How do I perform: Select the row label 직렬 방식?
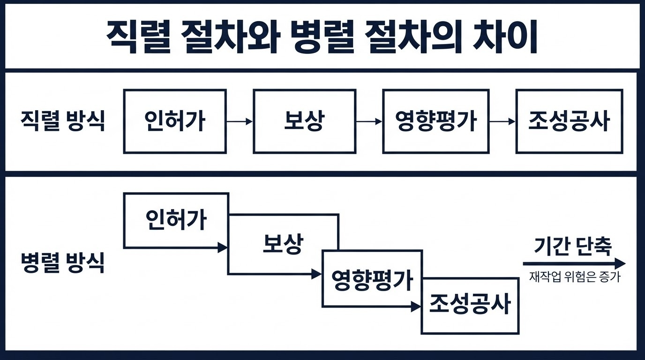click(x=62, y=121)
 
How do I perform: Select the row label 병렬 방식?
click(x=62, y=262)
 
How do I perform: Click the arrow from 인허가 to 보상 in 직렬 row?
click(x=240, y=121)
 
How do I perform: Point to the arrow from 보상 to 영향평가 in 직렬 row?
click(x=369, y=121)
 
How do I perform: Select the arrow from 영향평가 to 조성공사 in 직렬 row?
click(x=502, y=121)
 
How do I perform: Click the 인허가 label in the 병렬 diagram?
click(x=176, y=219)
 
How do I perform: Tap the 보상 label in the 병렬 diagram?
click(x=283, y=244)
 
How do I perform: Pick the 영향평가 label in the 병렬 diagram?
click(x=372, y=280)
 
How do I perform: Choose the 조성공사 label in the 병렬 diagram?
click(x=470, y=304)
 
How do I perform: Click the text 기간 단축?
click(x=573, y=247)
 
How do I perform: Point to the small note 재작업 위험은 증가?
click(x=575, y=277)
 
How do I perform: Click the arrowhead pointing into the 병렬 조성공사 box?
click(x=416, y=307)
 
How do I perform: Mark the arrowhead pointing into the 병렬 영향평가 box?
click(x=317, y=274)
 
